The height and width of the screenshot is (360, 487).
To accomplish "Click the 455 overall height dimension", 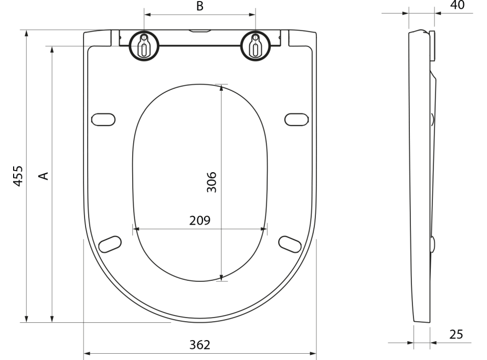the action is (18, 176).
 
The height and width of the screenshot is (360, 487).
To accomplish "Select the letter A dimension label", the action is (44, 176).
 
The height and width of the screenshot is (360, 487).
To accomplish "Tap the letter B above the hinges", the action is (200, 6).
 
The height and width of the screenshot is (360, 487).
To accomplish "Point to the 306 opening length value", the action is (211, 182).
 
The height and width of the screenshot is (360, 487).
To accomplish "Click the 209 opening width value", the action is (200, 220).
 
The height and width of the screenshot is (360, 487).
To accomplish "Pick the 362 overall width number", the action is (200, 345).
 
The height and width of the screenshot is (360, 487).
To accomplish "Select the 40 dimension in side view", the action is (457, 5).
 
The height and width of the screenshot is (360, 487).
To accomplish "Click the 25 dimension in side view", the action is (456, 334).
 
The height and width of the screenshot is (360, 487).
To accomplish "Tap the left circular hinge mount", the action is (144, 46).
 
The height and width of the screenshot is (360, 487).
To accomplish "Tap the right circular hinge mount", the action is (256, 46).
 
